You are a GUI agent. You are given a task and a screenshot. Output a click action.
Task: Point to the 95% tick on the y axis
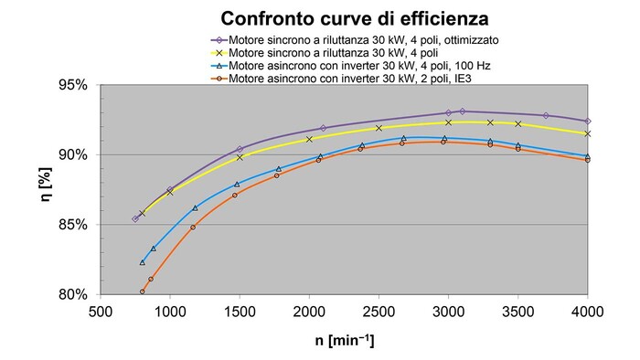coord(73,85)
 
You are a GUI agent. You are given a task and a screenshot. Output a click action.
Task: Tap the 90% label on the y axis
coord(73,154)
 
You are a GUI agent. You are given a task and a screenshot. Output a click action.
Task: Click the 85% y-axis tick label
coord(73,225)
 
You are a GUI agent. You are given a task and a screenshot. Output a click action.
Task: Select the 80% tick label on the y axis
coord(73,295)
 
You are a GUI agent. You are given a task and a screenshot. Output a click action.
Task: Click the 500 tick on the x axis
coord(100,312)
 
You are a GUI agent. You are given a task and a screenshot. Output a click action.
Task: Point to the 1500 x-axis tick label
coord(239,312)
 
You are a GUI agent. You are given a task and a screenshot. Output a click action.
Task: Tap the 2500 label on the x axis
coord(379,312)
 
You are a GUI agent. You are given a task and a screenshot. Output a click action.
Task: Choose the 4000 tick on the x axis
coord(587,312)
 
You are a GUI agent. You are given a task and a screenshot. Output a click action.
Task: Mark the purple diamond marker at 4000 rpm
coord(588,121)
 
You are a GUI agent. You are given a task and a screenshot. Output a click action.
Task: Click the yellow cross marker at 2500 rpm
coord(379,128)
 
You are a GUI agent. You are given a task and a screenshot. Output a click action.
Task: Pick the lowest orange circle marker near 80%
coord(142,292)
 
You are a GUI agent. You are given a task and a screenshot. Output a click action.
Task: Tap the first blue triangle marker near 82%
coord(142,262)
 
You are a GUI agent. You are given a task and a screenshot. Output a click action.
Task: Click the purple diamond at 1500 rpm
coord(240,149)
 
